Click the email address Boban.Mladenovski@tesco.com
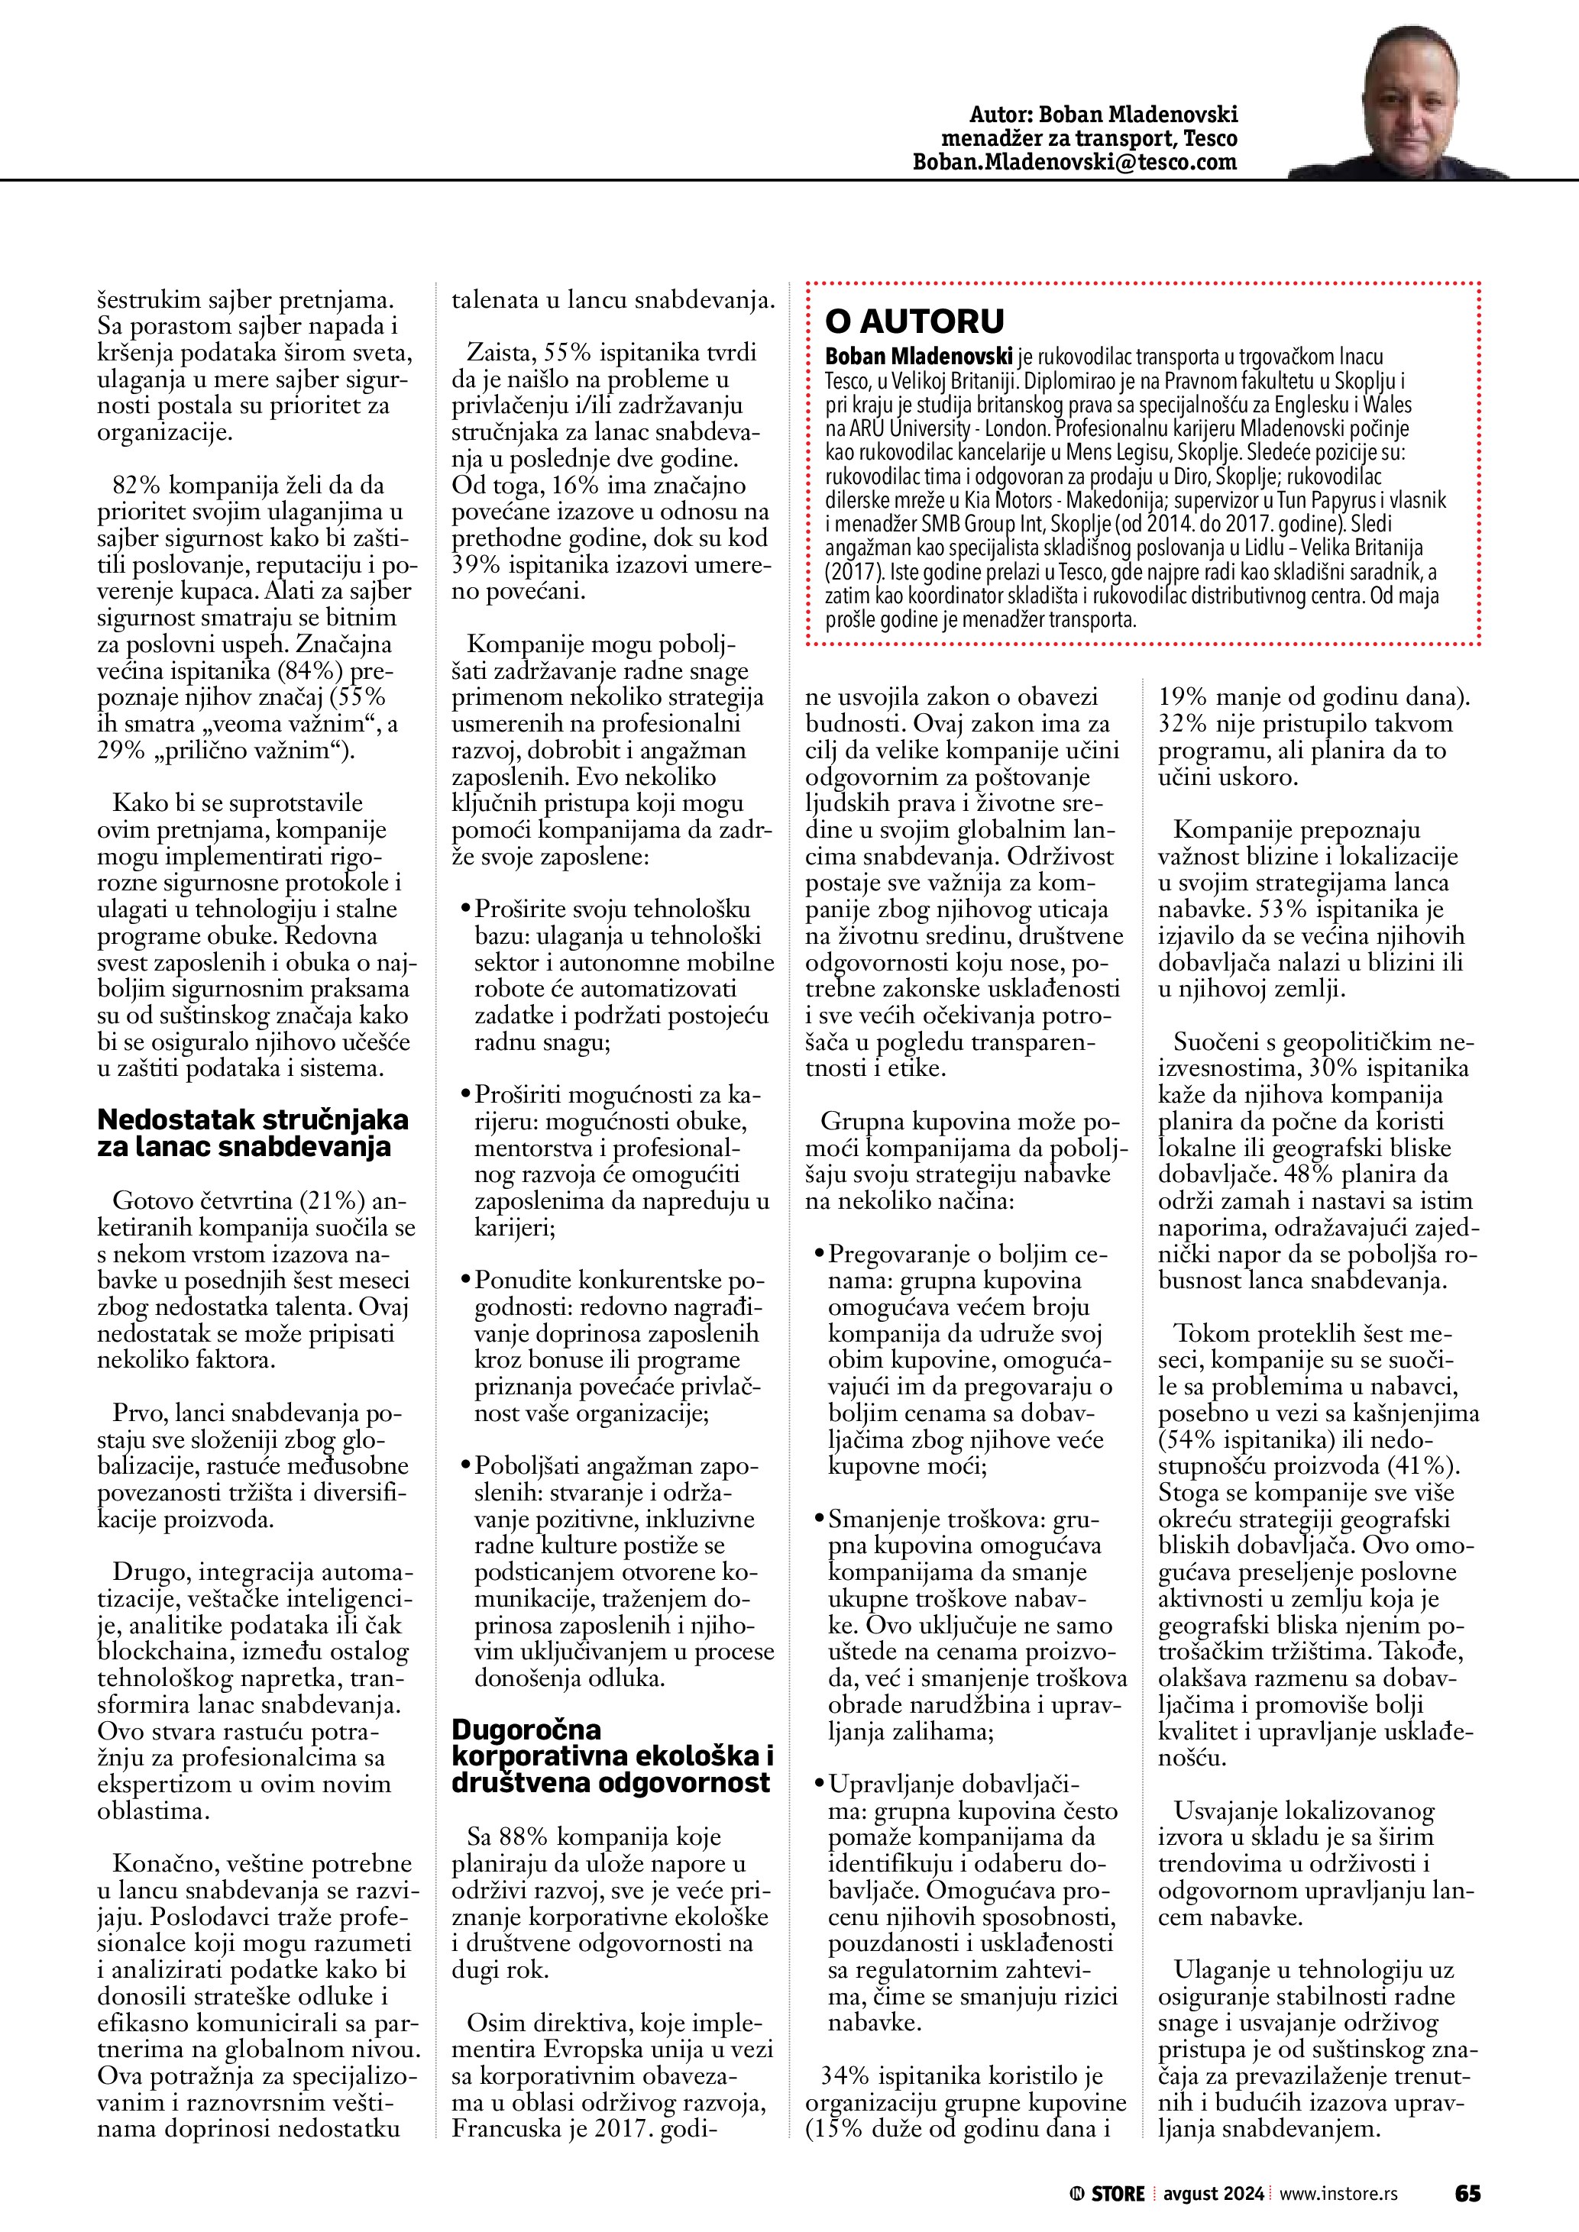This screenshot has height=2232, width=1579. click(1074, 163)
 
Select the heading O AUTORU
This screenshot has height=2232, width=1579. click(914, 321)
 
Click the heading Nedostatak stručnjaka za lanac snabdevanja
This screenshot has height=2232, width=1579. click(252, 1132)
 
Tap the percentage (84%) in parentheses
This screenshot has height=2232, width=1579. click(311, 670)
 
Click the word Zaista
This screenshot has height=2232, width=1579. click(500, 353)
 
